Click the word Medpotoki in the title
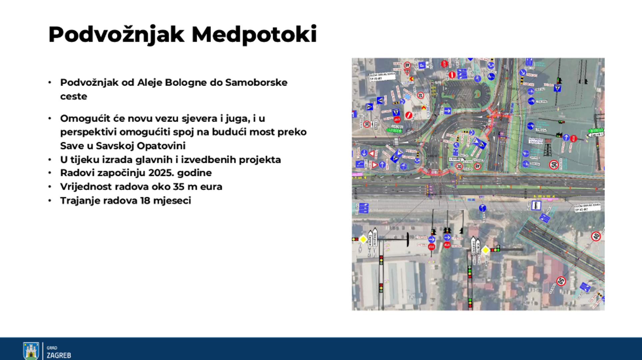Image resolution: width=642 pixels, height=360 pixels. [254, 34]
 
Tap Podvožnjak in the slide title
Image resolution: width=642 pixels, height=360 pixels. [116, 34]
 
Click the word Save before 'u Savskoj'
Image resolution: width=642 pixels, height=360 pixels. [71, 146]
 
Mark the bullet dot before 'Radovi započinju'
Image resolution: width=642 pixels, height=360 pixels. [50, 173]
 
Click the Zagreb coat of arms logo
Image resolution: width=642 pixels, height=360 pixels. [31, 351]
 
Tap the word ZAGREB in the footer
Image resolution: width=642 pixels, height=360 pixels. [59, 355]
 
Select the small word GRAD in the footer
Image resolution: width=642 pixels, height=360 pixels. [52, 348]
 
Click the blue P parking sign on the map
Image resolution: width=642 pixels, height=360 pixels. [422, 65]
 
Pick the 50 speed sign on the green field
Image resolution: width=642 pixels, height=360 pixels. [554, 165]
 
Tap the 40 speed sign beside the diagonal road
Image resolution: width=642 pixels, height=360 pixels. [596, 236]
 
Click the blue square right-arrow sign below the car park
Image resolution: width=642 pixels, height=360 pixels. [447, 111]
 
